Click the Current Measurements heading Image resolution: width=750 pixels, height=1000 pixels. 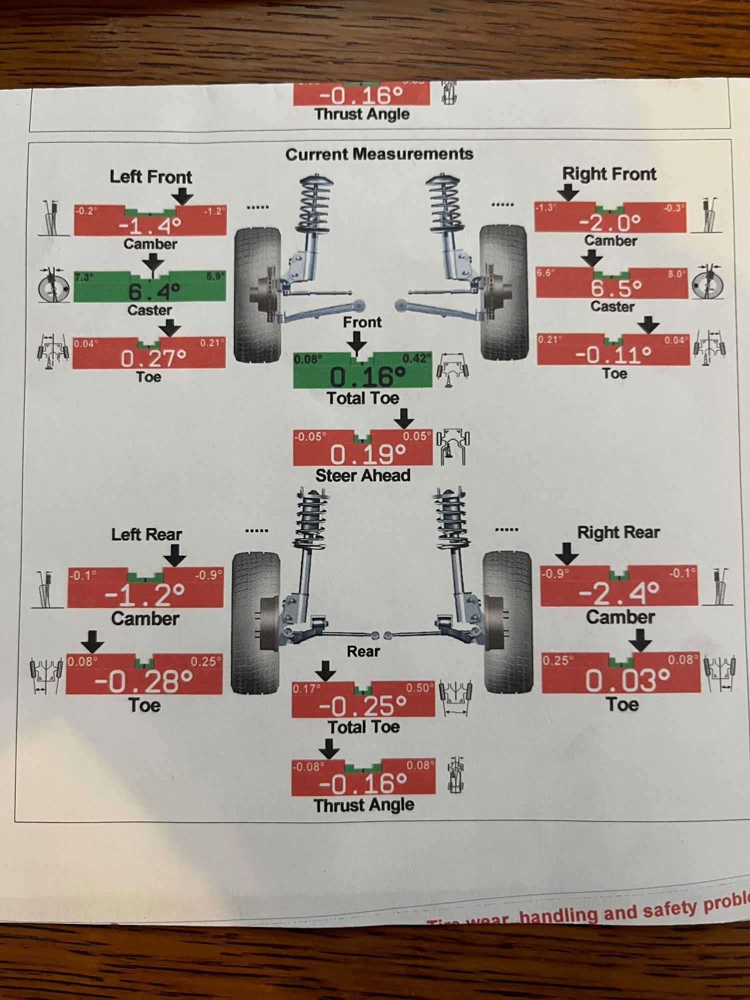click(x=379, y=154)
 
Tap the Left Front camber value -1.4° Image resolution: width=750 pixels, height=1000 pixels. click(x=150, y=226)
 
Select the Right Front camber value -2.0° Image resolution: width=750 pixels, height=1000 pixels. click(x=610, y=222)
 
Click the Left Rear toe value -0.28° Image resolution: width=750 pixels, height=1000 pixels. click(x=144, y=681)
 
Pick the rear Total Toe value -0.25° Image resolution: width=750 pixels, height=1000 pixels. click(x=363, y=705)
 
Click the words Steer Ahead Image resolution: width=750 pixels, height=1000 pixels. click(x=362, y=475)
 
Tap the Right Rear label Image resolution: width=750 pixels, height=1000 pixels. click(x=618, y=533)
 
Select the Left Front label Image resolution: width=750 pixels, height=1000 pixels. click(x=150, y=177)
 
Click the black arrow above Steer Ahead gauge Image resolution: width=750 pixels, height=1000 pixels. click(x=404, y=418)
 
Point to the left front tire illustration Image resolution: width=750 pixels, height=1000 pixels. click(x=257, y=295)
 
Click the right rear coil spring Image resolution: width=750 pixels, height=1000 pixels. click(x=451, y=520)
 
